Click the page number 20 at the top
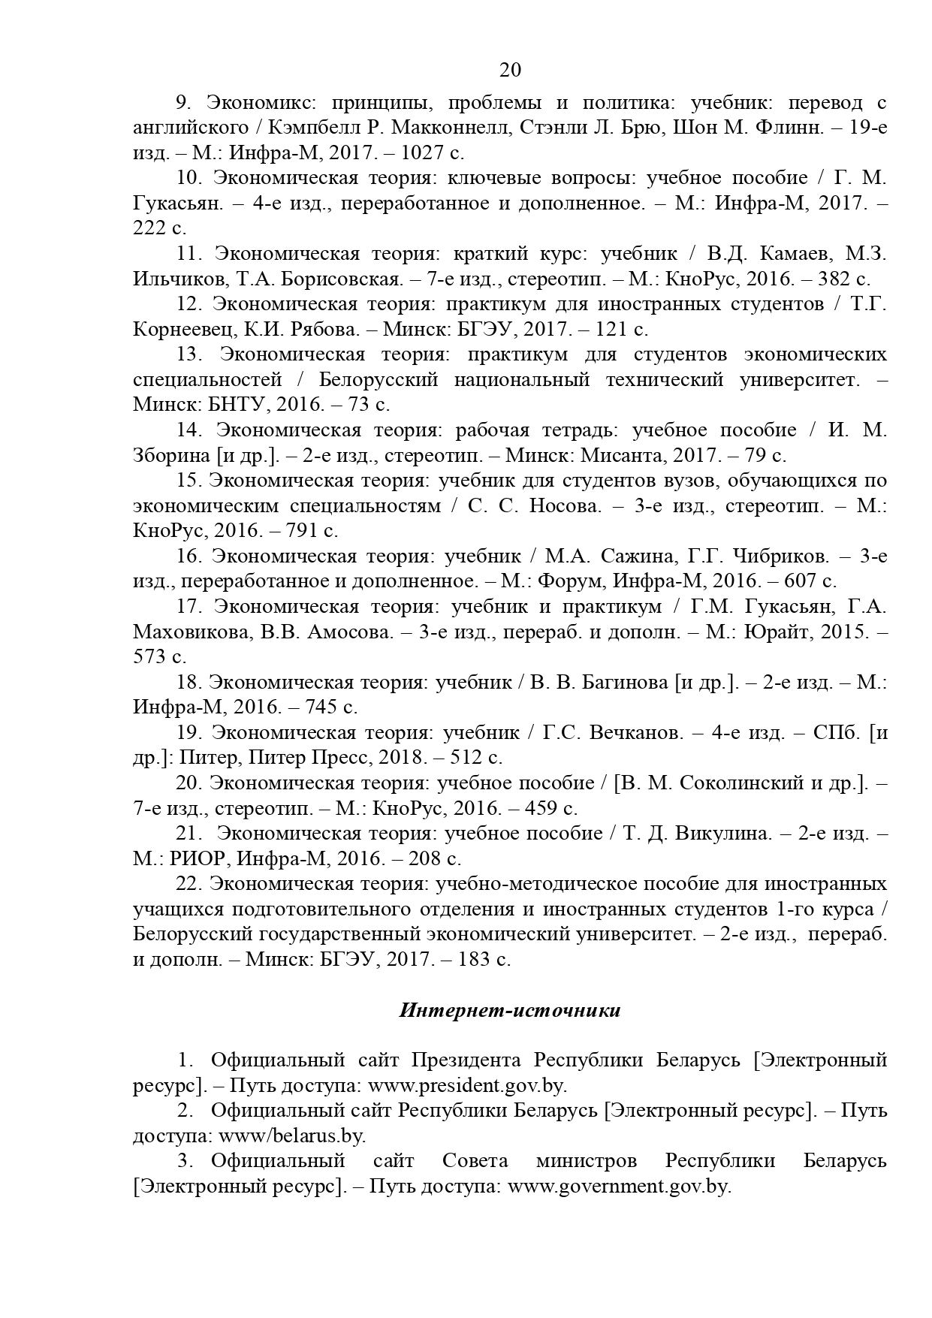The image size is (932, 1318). (510, 70)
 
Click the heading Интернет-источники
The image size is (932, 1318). (510, 1010)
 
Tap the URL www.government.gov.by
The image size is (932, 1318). (619, 1187)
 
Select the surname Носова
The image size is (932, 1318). (566, 506)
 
